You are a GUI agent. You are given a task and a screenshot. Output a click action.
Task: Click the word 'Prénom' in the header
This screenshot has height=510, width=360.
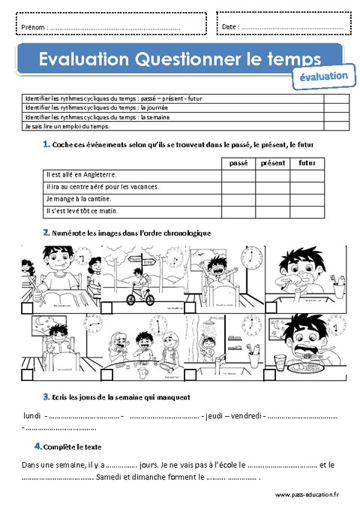[33, 27]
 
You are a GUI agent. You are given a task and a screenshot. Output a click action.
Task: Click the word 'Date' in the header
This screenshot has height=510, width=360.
[230, 27]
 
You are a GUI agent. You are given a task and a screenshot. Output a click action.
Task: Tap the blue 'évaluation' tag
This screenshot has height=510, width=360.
[323, 77]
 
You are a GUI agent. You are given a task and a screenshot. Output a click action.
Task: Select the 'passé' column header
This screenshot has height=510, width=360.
[238, 162]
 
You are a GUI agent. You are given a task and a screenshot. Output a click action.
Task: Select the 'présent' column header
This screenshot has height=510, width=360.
[273, 162]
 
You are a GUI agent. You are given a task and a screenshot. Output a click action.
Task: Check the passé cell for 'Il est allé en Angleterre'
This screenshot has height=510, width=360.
[238, 174]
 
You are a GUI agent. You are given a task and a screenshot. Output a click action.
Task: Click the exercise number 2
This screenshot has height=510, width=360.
[46, 233]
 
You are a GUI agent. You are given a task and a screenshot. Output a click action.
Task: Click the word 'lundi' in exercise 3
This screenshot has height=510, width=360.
[32, 415]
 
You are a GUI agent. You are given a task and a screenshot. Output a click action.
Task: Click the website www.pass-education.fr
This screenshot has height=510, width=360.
[307, 495]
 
